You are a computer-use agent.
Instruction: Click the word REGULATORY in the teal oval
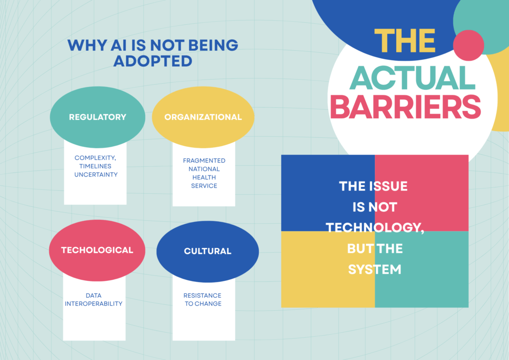[97, 117]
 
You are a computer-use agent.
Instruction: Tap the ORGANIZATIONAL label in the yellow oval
[203, 117]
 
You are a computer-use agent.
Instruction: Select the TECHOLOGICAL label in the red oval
[97, 250]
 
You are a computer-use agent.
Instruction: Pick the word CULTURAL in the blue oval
[208, 251]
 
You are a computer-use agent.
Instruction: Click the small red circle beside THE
[468, 45]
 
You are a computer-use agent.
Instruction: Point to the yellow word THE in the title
[405, 41]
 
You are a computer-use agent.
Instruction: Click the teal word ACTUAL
[412, 78]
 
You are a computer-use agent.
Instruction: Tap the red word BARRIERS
[406, 107]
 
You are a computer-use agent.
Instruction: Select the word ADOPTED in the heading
[153, 61]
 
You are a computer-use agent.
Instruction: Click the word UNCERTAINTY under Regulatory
[96, 175]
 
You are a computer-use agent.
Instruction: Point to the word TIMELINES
[95, 166]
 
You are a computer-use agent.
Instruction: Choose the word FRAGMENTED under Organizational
[204, 161]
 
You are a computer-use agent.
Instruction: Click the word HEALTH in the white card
[204, 178]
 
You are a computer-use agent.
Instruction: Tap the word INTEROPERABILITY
[93, 304]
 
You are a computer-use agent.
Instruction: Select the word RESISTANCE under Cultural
[202, 296]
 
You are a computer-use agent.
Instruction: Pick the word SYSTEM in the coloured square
[375, 270]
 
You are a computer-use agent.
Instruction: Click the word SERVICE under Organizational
[204, 186]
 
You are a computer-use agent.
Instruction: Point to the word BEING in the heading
[213, 45]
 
